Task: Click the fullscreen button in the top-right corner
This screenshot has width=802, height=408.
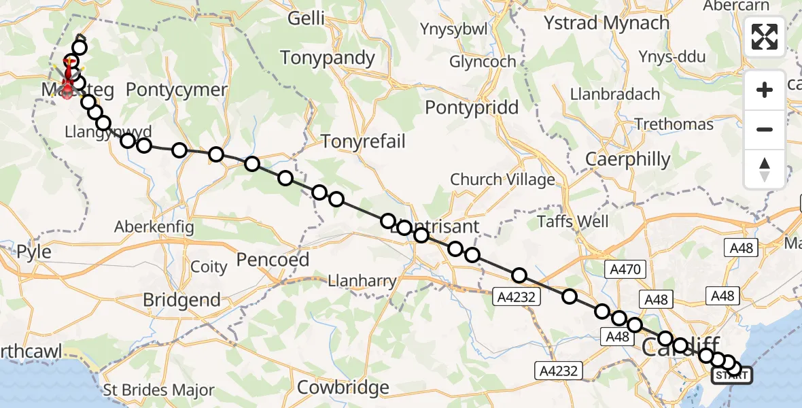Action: click(x=765, y=37)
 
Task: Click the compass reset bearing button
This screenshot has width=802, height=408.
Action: click(x=765, y=169)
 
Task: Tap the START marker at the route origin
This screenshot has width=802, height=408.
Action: click(x=731, y=375)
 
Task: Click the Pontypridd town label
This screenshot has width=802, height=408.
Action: click(x=472, y=107)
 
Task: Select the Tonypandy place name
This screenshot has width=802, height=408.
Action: click(x=328, y=58)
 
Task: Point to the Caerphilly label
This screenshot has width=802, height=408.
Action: click(x=628, y=159)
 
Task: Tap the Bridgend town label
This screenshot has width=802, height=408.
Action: click(x=181, y=300)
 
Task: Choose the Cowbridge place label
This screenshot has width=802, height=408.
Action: click(x=343, y=388)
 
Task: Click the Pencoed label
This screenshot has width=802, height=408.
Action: click(x=273, y=259)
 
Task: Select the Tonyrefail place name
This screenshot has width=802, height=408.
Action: click(x=363, y=141)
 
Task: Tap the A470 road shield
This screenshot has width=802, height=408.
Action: click(x=623, y=269)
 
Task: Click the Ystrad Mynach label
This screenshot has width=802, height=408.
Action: click(x=606, y=22)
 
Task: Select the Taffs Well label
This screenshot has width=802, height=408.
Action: click(x=573, y=222)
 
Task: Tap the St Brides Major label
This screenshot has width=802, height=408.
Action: click(x=158, y=391)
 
